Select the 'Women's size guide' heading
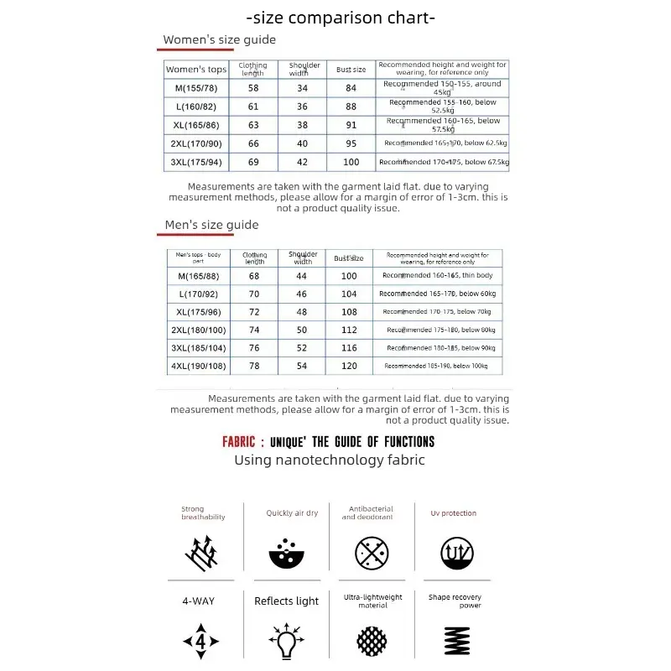coord(219,39)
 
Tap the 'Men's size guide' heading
coord(211,225)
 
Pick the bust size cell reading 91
coord(351,125)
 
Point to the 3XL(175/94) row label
coord(195,162)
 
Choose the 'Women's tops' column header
coord(195,70)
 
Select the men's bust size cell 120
coord(349,366)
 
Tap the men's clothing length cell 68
coord(254,276)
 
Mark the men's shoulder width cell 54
coord(302,366)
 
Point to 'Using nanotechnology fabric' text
coord(329,460)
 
